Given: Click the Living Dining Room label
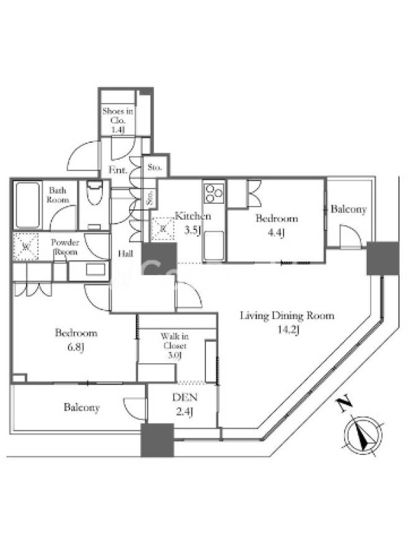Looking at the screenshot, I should pyautogui.click(x=286, y=316).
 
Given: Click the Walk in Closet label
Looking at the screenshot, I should pyautogui.click(x=172, y=341).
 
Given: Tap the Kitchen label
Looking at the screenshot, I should pyautogui.click(x=192, y=216).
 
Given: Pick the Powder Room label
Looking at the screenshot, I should pyautogui.click(x=66, y=247).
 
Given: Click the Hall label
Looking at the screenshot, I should pyautogui.click(x=126, y=253).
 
